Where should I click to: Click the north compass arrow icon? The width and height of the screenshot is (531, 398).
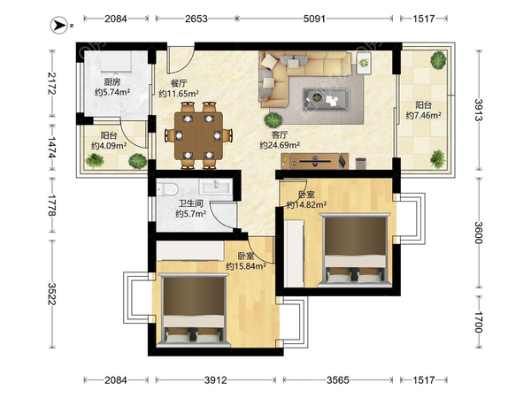tap(59, 26)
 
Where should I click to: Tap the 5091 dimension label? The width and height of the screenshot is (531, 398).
tap(314, 19)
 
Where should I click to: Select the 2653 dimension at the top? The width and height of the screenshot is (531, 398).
tap(196, 19)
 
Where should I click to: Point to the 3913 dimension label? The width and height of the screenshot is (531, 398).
tap(479, 110)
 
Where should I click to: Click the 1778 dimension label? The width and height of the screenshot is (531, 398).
tap(52, 205)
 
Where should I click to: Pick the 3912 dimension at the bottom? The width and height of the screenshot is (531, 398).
tap(216, 380)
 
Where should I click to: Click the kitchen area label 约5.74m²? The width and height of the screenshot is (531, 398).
tap(112, 92)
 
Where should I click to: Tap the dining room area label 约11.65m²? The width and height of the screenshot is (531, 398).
tap(179, 94)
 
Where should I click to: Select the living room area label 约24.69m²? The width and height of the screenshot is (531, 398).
tap(280, 145)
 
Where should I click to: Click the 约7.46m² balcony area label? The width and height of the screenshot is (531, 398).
tap(423, 115)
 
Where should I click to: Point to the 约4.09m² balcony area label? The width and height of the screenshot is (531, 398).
tap(109, 146)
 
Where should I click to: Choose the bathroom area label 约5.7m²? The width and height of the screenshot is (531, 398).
tap(191, 214)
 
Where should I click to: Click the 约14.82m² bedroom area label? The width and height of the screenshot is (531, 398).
tap(306, 205)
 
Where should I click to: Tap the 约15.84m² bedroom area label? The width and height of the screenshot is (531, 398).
tap(246, 266)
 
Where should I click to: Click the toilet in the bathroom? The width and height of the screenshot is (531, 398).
tap(167, 189)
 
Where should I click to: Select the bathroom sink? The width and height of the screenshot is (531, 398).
tap(215, 187)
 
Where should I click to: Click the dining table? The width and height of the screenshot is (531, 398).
tap(198, 135)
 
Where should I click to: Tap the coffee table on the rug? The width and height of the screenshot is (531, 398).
tap(327, 99)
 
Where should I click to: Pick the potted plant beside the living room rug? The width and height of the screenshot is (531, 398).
tap(273, 120)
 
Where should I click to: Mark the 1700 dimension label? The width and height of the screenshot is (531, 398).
tap(479, 322)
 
